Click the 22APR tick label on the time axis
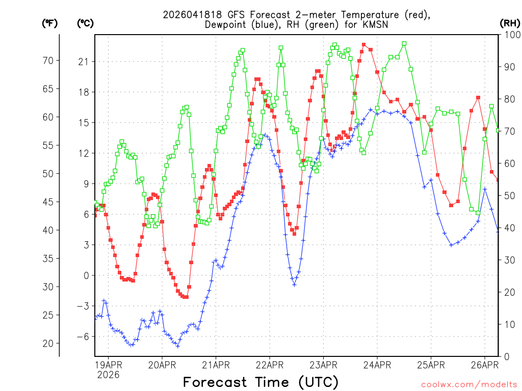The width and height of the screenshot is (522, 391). [269, 365]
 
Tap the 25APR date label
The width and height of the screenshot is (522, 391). [431, 365]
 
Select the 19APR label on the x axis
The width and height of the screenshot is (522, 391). [108, 365]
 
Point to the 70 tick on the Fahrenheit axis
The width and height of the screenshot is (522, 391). [48, 61]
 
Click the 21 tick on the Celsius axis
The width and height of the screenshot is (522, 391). [83, 62]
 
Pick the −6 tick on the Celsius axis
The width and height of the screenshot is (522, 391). [83, 337]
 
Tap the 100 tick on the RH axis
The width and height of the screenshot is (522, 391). [510, 35]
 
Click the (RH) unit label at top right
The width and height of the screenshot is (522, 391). [510, 23]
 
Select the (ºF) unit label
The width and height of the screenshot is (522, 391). [49, 23]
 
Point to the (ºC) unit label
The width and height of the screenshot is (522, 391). [85, 23]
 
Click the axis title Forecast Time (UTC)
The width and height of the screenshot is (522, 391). [260, 382]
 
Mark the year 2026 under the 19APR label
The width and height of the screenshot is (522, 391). [108, 375]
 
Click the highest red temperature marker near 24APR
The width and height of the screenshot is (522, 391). [363, 45]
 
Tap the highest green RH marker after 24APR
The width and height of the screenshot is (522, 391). [404, 44]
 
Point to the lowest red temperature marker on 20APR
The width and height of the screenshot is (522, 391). [186, 297]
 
